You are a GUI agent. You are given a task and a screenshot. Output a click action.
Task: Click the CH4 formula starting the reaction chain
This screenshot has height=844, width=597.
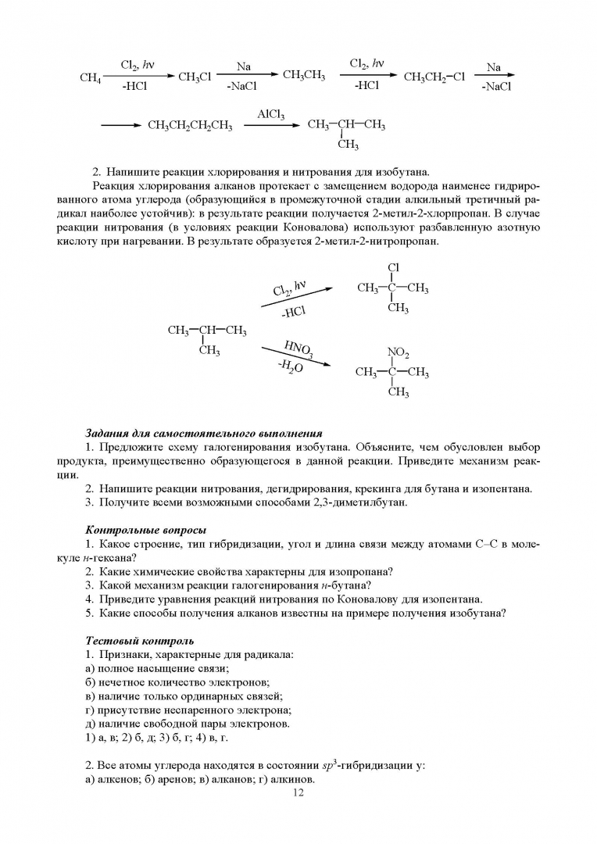coord(91,77)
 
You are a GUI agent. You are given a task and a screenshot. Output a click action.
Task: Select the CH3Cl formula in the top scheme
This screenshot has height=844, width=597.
coord(195,77)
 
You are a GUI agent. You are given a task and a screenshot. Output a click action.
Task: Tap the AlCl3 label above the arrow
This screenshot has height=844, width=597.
coord(270,114)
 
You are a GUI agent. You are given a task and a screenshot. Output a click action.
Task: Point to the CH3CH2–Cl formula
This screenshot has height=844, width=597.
coord(434,77)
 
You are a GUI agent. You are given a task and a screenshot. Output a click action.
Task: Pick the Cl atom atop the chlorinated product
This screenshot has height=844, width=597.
coord(392,269)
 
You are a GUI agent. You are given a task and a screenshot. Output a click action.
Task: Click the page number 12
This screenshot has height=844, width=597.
coord(298,793)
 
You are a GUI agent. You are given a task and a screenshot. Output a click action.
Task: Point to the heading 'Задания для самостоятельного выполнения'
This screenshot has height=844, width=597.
coord(203,432)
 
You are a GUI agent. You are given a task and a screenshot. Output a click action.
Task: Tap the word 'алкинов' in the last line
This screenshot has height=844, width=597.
coord(290,779)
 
